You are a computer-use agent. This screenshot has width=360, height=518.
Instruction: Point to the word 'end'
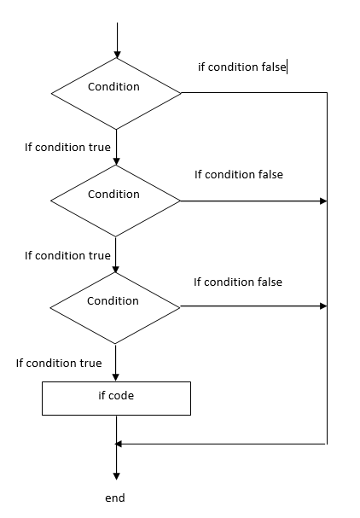115,498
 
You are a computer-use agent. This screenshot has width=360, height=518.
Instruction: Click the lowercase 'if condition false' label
241,67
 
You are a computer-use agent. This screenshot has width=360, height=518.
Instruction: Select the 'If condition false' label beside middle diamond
239,174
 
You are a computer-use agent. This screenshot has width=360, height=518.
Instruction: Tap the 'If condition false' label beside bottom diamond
238,282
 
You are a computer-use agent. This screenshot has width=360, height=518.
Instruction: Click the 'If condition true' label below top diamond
67,147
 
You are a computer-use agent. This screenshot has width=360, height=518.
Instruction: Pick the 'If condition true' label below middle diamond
67,255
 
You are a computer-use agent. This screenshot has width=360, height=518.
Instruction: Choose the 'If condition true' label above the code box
59,363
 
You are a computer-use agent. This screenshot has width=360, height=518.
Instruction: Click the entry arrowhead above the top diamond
117,55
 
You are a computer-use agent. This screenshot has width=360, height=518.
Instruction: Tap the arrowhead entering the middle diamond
116,161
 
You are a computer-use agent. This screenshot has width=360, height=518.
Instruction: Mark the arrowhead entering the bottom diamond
115,269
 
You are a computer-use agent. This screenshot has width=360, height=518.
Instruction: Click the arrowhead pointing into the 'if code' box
115,377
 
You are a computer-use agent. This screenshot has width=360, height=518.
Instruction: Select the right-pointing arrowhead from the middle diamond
323,201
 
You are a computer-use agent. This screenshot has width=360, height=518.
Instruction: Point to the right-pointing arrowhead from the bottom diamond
323,306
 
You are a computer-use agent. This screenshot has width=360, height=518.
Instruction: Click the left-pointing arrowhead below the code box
119,444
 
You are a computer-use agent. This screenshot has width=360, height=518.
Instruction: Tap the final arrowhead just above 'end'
116,476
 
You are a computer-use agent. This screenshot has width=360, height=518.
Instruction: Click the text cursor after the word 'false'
287,67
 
